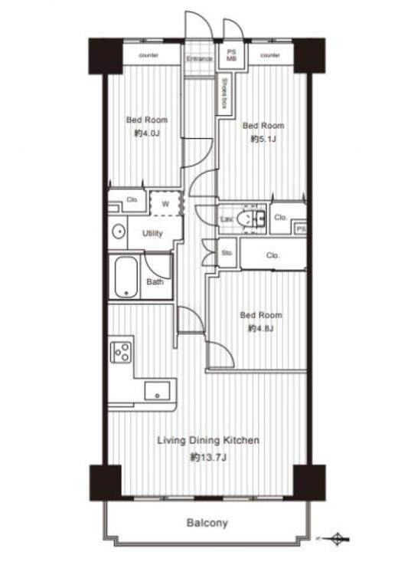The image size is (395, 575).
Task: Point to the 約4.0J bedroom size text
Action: (146, 133)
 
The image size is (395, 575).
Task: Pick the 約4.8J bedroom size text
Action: (261, 328)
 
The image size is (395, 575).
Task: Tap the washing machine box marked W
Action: (165, 204)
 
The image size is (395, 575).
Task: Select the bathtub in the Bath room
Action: (126, 278)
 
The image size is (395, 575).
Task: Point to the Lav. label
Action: (227, 220)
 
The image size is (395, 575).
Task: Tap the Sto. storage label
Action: (227, 252)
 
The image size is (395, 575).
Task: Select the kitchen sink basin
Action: (157, 389)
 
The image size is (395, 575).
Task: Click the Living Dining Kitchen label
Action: (208, 440)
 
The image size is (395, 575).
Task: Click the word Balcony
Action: (207, 524)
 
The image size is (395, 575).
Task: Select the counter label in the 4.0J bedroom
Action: (149, 55)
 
